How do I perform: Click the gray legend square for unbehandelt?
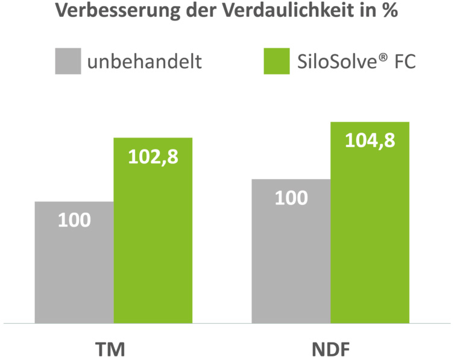point(68,61)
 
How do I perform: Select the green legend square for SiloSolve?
point(277,61)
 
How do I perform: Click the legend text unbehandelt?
point(144,62)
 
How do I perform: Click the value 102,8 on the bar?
point(153,157)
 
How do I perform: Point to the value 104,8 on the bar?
point(370,141)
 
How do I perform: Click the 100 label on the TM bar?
point(74,220)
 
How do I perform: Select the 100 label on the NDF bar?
point(291,198)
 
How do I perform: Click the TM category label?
point(113,348)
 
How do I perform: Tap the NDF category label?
point(330,348)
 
